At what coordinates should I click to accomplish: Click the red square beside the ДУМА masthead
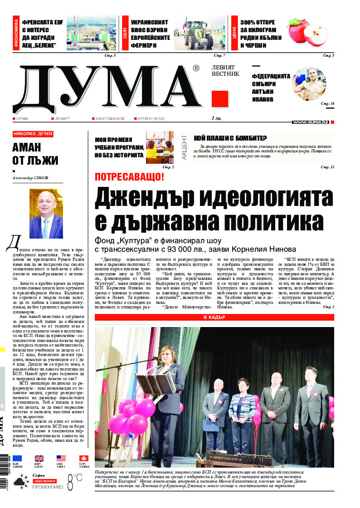[220, 99]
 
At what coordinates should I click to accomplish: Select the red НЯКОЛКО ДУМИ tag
[33, 134]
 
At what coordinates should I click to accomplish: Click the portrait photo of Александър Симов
[46, 214]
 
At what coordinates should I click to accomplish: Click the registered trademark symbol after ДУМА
[195, 68]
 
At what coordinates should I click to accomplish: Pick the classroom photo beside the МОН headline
[160, 147]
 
